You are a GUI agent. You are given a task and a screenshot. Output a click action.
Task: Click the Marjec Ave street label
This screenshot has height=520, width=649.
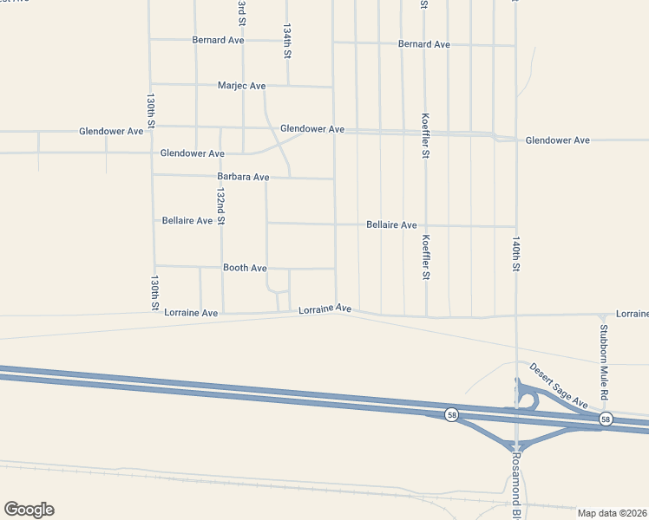(242, 86)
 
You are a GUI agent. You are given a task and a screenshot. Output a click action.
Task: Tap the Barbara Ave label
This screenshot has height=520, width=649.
(243, 177)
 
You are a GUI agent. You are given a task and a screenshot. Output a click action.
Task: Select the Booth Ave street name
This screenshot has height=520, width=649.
(245, 268)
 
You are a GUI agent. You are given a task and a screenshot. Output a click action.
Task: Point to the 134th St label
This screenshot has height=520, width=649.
(286, 41)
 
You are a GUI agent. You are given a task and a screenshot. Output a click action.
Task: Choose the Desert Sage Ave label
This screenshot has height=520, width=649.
(559, 386)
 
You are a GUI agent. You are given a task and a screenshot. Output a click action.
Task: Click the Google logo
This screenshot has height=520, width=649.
(29, 510)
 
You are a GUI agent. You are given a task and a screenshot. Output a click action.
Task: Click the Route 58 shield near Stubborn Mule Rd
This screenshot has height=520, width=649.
(605, 419)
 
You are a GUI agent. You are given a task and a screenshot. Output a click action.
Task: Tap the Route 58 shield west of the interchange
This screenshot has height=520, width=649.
(451, 415)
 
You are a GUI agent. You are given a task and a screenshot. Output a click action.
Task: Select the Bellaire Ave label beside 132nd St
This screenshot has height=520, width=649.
(187, 221)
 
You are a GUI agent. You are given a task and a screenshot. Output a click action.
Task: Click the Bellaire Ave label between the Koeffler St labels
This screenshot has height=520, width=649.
(391, 224)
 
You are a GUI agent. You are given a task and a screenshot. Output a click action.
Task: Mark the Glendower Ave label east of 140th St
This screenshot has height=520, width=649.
(557, 140)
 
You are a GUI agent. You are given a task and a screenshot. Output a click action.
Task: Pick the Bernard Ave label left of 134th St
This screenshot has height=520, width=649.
(219, 40)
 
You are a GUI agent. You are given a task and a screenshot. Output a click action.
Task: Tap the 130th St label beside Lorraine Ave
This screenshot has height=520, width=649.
(154, 293)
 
